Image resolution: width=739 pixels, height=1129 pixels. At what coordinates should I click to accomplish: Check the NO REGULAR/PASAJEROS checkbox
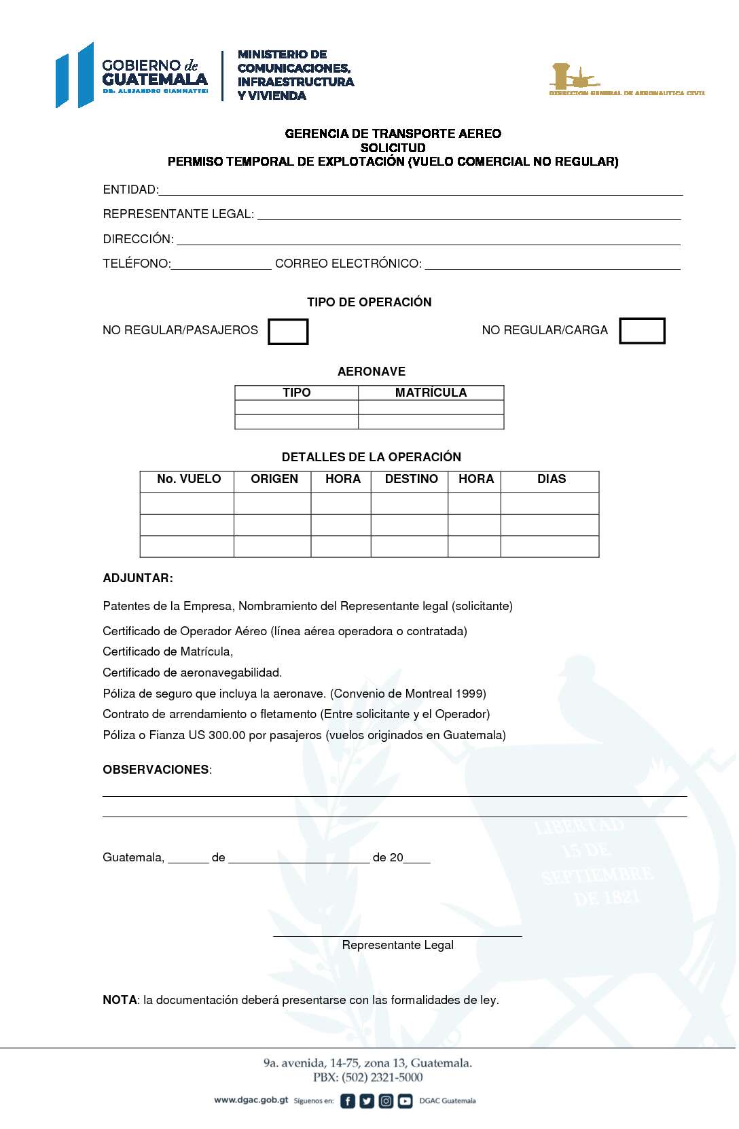point(288,331)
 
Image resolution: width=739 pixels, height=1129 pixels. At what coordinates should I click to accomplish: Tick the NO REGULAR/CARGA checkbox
point(642,331)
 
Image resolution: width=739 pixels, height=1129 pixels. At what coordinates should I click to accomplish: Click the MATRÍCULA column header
point(431,393)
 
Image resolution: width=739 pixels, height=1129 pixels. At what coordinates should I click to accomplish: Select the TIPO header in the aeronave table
point(296,393)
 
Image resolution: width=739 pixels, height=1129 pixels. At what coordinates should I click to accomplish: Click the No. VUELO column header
point(188,479)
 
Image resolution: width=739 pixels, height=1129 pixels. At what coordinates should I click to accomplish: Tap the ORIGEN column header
point(274,479)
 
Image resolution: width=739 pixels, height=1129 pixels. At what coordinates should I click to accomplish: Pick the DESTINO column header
point(411,479)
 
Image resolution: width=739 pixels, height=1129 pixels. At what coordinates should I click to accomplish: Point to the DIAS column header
point(551,479)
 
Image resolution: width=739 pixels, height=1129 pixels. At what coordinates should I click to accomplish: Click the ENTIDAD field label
point(130,190)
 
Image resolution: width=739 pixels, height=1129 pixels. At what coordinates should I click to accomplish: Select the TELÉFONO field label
point(136,264)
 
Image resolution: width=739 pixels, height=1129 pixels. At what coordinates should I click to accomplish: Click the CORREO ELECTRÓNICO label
point(348,264)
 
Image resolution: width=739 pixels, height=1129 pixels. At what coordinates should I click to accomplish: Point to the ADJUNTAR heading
point(138,578)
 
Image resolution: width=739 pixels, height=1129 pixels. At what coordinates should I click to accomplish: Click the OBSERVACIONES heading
point(156,770)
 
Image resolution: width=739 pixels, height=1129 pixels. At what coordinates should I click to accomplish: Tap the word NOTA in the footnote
point(120,1000)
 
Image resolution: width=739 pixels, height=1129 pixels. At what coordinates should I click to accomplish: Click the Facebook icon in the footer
point(347,1101)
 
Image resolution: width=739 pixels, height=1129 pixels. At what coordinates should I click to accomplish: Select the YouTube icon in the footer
point(405,1101)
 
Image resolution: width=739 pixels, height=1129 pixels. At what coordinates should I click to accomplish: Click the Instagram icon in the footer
point(386,1101)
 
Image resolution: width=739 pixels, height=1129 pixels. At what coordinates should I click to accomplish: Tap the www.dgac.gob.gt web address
point(251,1100)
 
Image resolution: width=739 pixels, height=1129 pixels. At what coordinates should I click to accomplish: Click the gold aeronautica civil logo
point(626,80)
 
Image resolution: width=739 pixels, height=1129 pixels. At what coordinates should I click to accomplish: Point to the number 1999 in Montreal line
point(470,694)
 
